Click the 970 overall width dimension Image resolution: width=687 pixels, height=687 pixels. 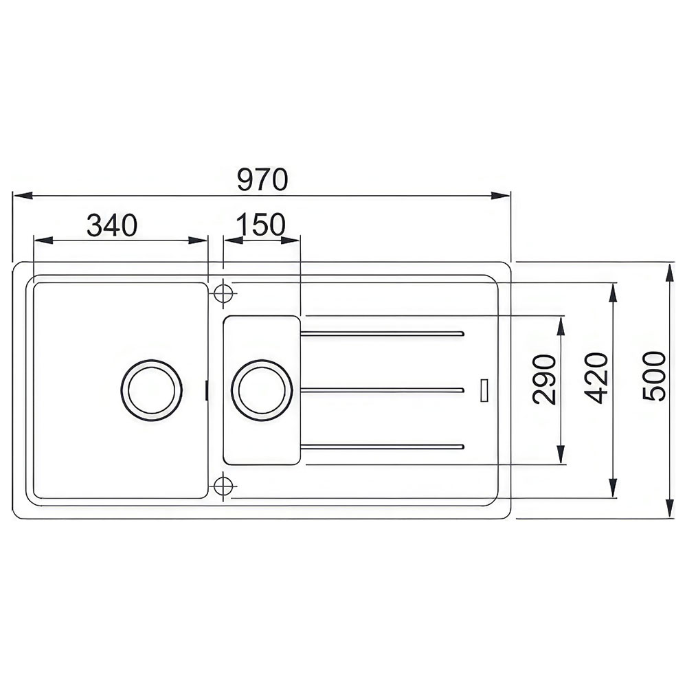click(262, 179)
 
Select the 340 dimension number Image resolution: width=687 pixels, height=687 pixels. click(112, 225)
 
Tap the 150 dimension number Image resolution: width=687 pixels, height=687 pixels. click(260, 225)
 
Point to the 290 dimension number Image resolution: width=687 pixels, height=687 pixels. click(544, 379)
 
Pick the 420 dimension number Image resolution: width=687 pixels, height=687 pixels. click(596, 378)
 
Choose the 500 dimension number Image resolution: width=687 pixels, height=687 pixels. click(654, 376)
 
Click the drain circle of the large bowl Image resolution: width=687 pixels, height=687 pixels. click(152, 390)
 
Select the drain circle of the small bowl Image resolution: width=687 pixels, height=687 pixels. click(262, 390)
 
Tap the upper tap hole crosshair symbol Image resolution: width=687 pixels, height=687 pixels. click(223, 293)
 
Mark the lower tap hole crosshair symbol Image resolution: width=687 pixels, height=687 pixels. click(223, 486)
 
